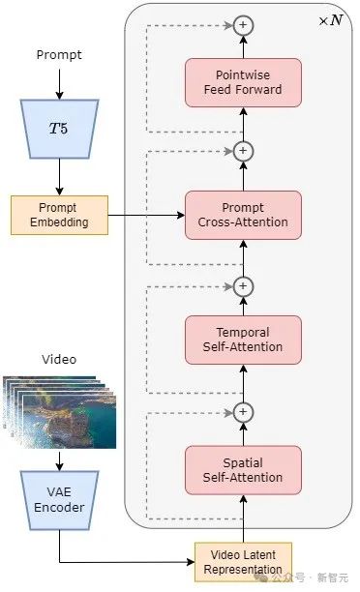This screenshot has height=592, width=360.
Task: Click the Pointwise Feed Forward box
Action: [243, 82]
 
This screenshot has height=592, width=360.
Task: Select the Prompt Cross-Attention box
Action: [243, 215]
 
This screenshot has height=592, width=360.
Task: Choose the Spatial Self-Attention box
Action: [243, 469]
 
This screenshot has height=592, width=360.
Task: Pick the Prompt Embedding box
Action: [59, 215]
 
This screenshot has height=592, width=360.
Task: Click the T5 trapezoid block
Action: [59, 128]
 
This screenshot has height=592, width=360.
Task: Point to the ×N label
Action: [330, 20]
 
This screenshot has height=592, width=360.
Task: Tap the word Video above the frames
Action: [59, 359]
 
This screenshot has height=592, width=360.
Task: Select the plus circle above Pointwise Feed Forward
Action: [243, 24]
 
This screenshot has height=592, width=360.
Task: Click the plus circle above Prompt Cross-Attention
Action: [243, 151]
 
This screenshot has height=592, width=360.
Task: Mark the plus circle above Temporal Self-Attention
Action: [243, 286]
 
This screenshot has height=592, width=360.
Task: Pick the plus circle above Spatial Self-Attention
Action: [243, 413]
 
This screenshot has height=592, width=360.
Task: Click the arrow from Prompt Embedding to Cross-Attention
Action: [145, 215]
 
